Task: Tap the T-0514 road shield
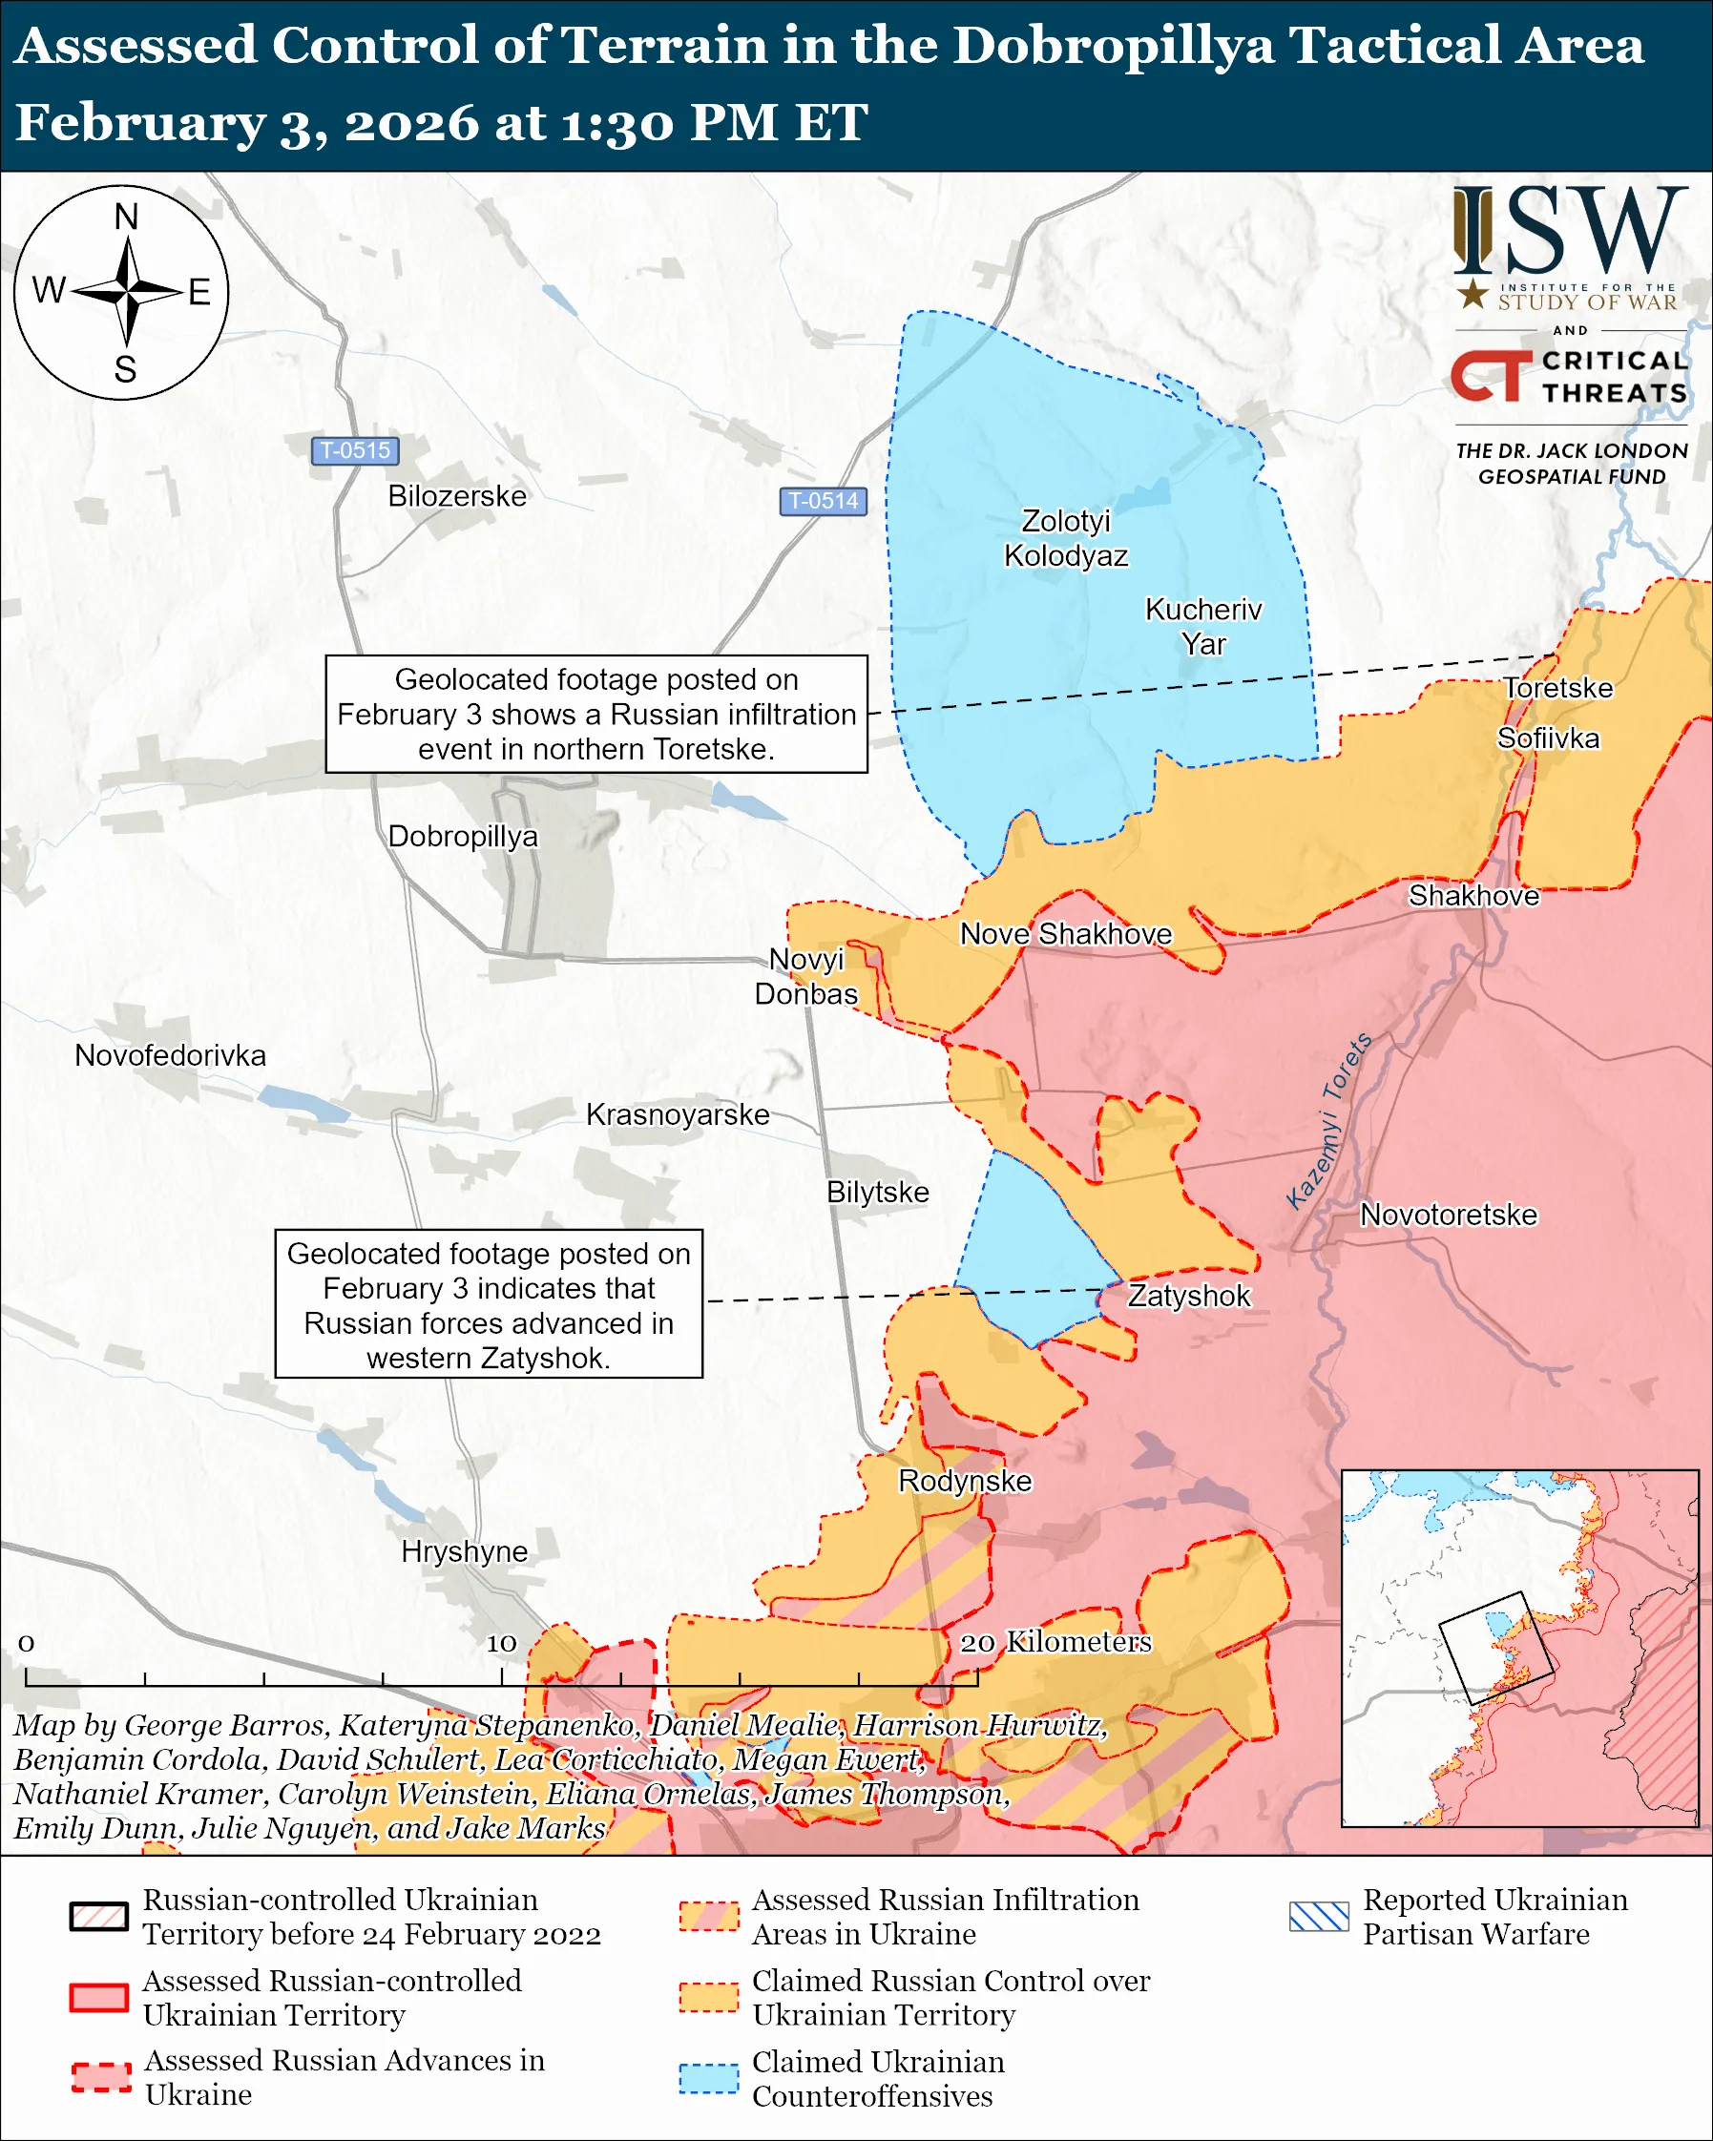[x=823, y=501]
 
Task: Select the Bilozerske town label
[x=457, y=495]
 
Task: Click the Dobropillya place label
[x=463, y=836]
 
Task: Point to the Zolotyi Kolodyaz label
[x=1066, y=538]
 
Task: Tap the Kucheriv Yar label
[x=1202, y=626]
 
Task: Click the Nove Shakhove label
[x=1066, y=933]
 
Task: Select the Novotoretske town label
[x=1448, y=1215]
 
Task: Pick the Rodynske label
[x=964, y=1481]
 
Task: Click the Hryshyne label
[x=464, y=1551]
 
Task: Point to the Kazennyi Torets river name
[x=1328, y=1122]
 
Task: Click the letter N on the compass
[x=126, y=217]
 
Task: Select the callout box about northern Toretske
[x=595, y=714]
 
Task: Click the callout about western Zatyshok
[x=488, y=1305]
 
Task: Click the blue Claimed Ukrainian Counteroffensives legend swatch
[x=708, y=2078]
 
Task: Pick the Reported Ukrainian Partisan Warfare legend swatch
[x=1319, y=1917]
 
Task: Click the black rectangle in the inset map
[x=1495, y=1649]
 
